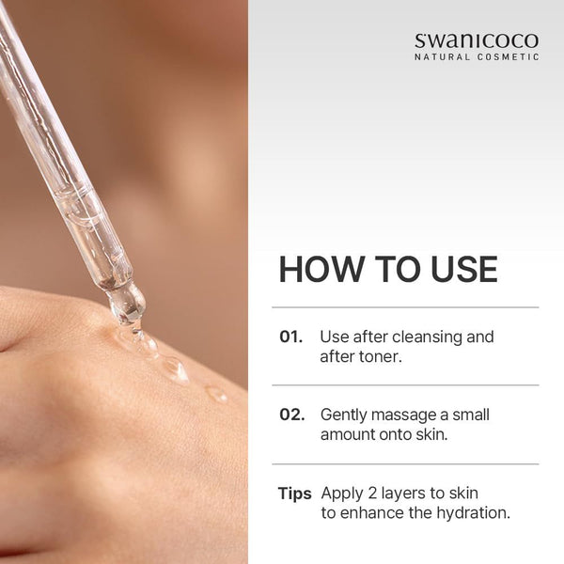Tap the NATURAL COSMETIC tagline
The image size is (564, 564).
[477, 57]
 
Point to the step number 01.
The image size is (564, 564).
[291, 337]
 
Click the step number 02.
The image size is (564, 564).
[292, 415]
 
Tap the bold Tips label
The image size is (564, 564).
[294, 493]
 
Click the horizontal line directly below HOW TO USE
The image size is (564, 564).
[405, 307]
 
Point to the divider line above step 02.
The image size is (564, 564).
[405, 385]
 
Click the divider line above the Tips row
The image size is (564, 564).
[405, 464]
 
